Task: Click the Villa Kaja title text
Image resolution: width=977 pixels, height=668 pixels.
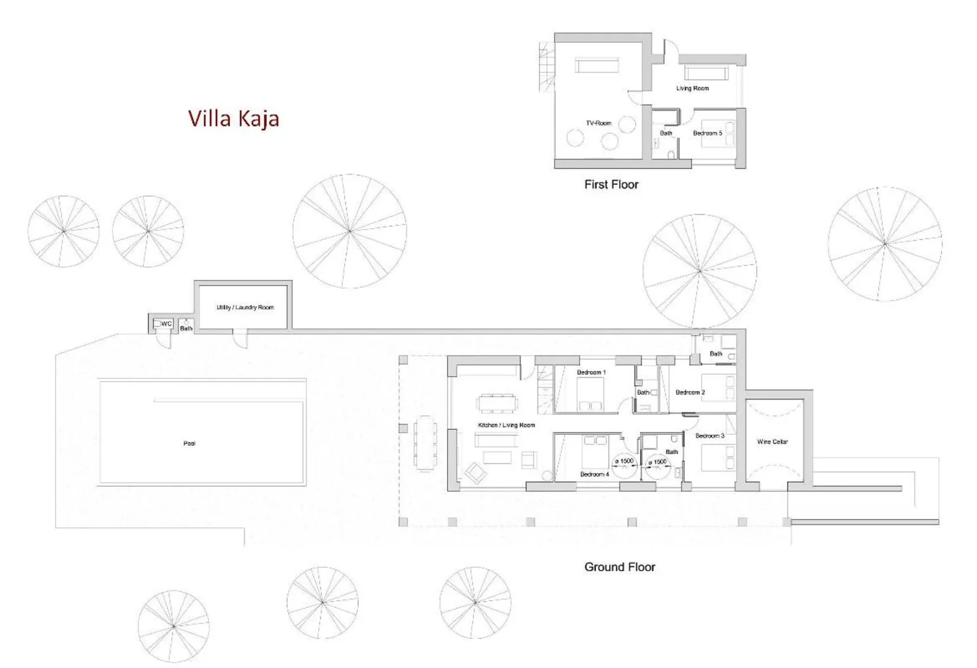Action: click(x=233, y=118)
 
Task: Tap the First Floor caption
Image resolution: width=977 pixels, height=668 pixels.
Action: click(x=611, y=184)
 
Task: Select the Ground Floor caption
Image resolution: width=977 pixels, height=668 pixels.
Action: click(x=620, y=567)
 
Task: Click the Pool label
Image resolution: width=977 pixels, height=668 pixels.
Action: click(x=189, y=443)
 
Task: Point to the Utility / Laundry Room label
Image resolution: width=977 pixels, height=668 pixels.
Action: click(x=245, y=307)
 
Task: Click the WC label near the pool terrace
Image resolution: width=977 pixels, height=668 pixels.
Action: click(x=166, y=323)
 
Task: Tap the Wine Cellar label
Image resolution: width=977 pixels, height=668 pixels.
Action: click(x=772, y=442)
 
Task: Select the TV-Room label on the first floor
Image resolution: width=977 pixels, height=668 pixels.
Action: click(x=599, y=123)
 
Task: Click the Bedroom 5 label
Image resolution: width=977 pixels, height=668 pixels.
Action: click(x=707, y=133)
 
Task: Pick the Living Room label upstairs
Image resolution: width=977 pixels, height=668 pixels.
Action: click(x=693, y=88)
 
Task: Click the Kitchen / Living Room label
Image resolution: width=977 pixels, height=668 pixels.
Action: click(x=506, y=425)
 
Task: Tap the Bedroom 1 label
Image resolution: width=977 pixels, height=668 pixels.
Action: click(x=591, y=372)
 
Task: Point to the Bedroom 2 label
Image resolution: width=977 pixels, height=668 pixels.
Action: click(x=690, y=392)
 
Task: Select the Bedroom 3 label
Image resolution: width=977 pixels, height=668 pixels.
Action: click(x=709, y=436)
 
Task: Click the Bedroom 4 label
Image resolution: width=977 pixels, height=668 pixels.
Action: click(x=594, y=474)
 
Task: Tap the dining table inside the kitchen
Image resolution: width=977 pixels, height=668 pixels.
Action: click(x=497, y=403)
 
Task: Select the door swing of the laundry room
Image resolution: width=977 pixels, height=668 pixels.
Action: click(x=239, y=339)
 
